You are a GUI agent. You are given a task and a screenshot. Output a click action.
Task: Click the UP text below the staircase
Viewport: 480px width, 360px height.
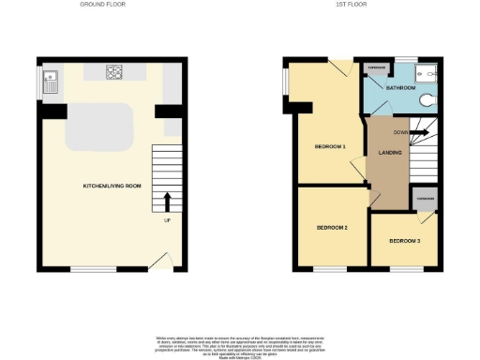tap(168, 221)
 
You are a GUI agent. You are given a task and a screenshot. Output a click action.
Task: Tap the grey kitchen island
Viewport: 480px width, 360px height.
tap(100, 126)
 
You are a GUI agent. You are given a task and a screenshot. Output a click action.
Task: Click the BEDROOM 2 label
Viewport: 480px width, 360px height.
tap(332, 228)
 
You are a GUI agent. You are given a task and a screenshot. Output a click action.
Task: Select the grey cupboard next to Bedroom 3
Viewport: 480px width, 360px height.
tap(424, 199)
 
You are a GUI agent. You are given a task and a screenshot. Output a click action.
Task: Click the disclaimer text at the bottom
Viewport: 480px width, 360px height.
tap(240, 343)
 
